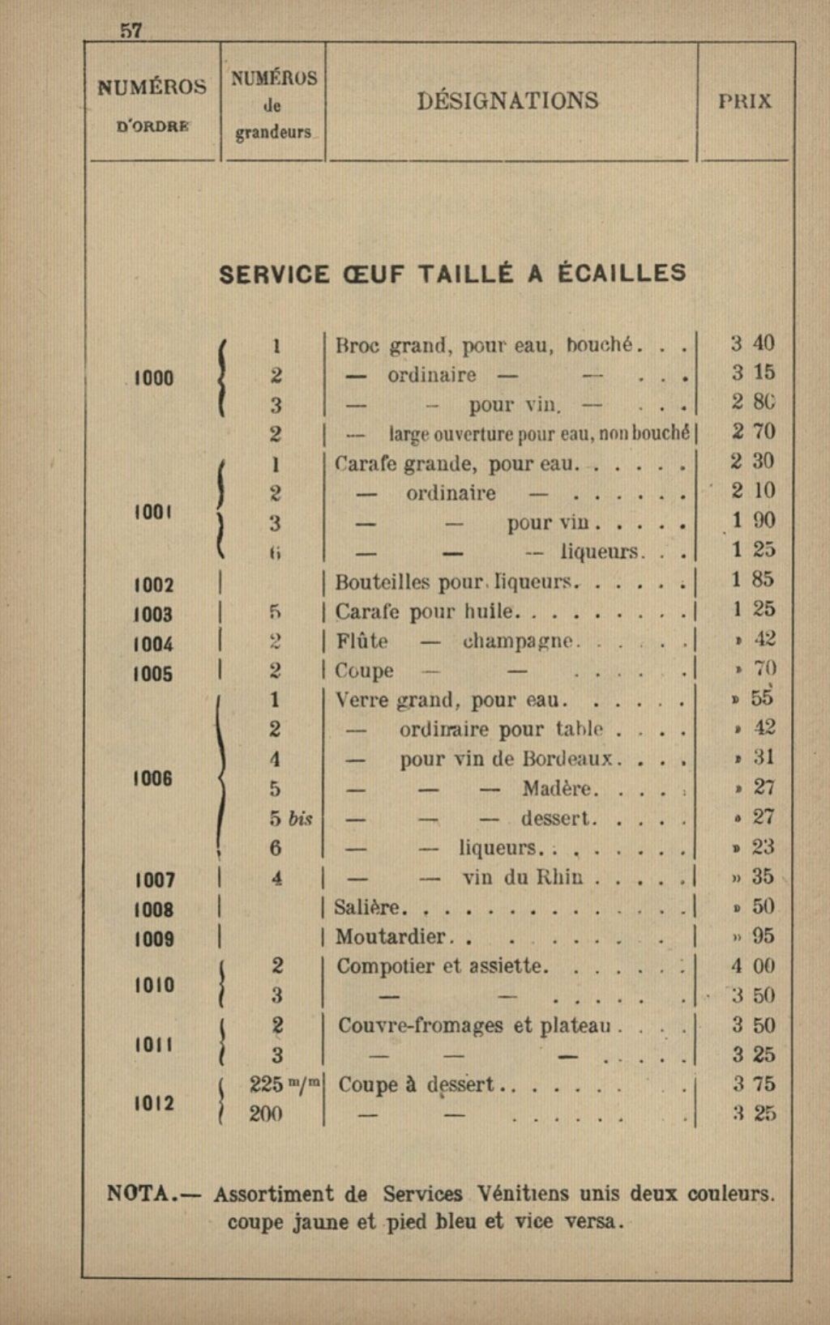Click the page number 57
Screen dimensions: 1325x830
pyautogui.click(x=131, y=31)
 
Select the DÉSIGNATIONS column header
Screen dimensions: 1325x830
pyautogui.click(x=508, y=100)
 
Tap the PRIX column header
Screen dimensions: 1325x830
pyautogui.click(x=745, y=101)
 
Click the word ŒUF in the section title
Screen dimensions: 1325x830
pyautogui.click(x=373, y=274)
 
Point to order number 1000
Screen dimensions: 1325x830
pyautogui.click(x=153, y=377)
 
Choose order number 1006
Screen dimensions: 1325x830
pyautogui.click(x=153, y=778)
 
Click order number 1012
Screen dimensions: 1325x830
pyautogui.click(x=153, y=1103)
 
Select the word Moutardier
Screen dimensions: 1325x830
pyautogui.click(x=390, y=937)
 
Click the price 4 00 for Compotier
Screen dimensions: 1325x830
pyautogui.click(x=753, y=966)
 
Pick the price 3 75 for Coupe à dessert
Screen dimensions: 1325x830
pyautogui.click(x=753, y=1084)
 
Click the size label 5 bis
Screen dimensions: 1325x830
pyautogui.click(x=291, y=818)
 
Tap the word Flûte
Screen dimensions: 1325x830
pyautogui.click(x=362, y=641)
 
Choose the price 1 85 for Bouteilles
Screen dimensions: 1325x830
pyautogui.click(x=753, y=579)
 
